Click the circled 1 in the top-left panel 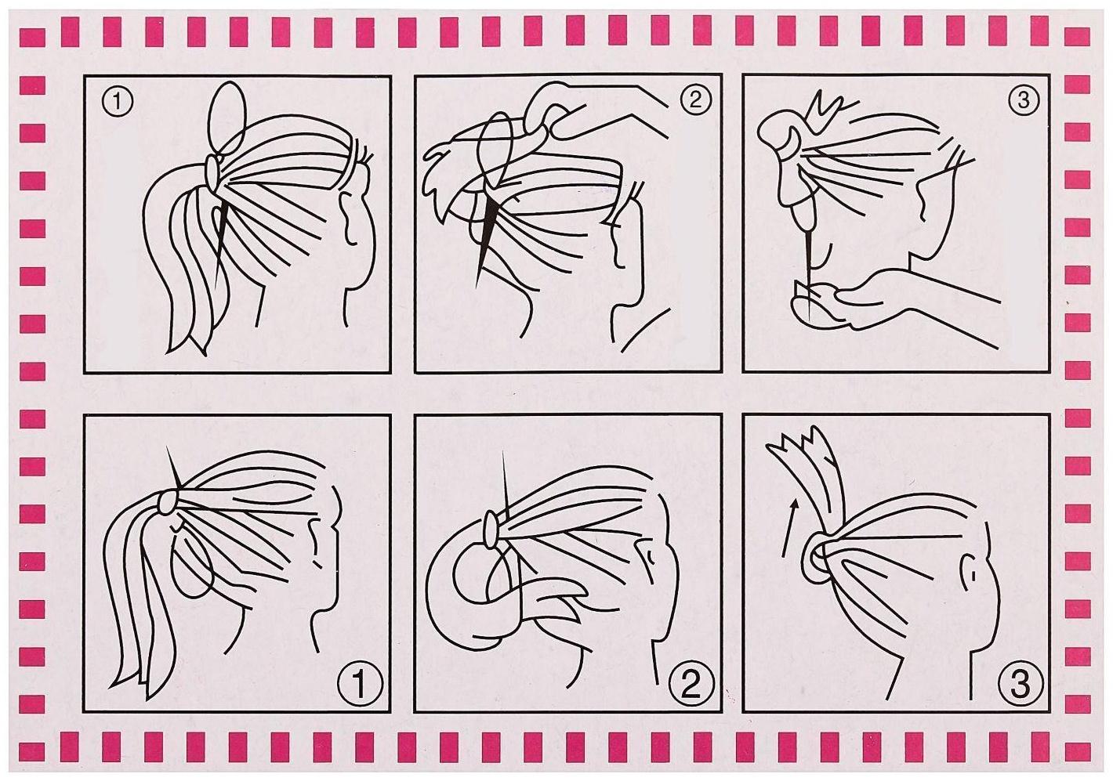(x=118, y=103)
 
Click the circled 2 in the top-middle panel (x=695, y=100)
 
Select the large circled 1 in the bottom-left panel (x=359, y=684)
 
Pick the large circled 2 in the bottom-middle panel (x=691, y=684)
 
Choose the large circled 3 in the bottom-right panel (x=1020, y=684)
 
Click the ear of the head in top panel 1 (x=351, y=219)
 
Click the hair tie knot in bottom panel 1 (x=167, y=502)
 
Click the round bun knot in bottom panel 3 (x=813, y=557)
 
